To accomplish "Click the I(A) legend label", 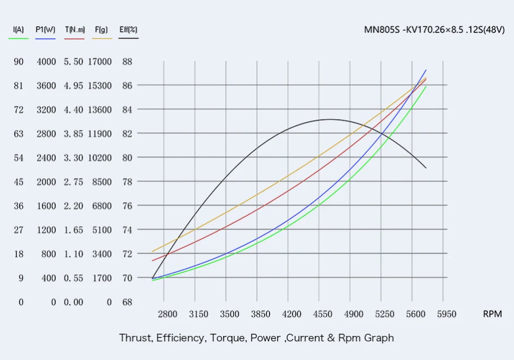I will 19,29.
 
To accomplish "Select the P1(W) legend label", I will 45,29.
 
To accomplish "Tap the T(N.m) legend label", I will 74,29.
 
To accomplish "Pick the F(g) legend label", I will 101,29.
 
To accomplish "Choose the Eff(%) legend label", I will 128,29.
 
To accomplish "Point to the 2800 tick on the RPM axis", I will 167,314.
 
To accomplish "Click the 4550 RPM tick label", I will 323,314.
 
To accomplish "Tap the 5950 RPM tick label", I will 446,314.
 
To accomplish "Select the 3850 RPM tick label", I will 260,314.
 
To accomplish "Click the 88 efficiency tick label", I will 127,62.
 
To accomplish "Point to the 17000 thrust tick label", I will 100,62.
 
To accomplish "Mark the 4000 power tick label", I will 46,62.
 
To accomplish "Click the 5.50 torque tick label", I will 73,62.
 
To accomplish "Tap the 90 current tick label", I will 19,62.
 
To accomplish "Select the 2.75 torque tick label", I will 73,182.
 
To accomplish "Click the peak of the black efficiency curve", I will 330,119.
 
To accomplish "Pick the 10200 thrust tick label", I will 100,158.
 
